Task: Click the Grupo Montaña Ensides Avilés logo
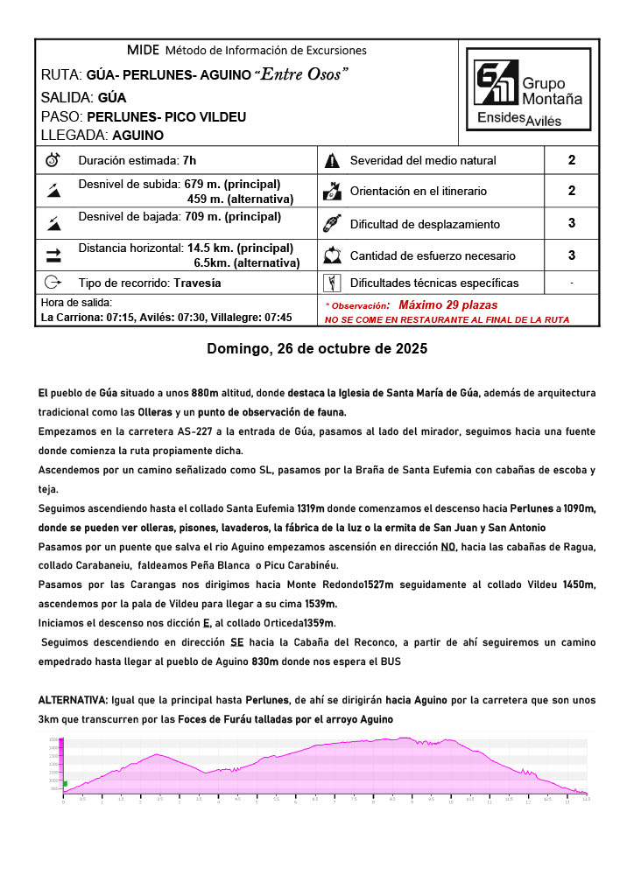click(x=528, y=94)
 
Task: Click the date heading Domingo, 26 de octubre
click(x=317, y=348)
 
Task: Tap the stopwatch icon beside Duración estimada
click(x=53, y=160)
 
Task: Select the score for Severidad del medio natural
click(x=571, y=160)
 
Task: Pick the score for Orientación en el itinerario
click(x=571, y=191)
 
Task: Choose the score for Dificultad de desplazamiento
click(x=571, y=223)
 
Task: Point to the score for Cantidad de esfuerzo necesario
click(x=571, y=255)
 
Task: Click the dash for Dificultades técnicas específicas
click(x=571, y=283)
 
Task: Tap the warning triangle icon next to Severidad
click(x=332, y=160)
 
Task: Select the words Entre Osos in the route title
click(x=300, y=74)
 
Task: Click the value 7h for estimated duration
click(x=188, y=160)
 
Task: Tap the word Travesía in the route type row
click(x=197, y=283)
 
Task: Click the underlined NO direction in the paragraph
click(x=448, y=547)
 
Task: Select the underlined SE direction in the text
click(x=236, y=641)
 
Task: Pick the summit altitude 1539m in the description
click(x=320, y=604)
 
